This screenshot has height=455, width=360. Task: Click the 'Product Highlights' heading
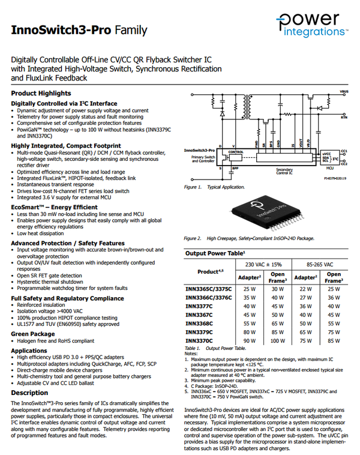tap(41, 94)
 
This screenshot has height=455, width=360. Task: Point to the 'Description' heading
tap(29, 393)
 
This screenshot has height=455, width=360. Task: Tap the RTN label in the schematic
tap(344, 118)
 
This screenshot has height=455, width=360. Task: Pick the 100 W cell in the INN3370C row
tap(278, 341)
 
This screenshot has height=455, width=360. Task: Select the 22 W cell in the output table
tap(306, 288)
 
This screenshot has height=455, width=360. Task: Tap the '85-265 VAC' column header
tap(321, 264)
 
